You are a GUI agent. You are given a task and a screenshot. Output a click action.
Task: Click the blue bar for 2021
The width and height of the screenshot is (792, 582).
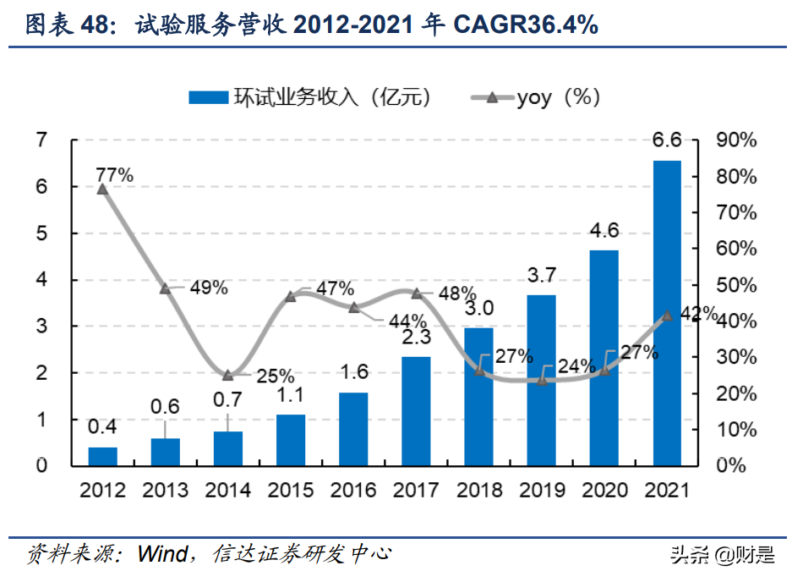[x=667, y=313]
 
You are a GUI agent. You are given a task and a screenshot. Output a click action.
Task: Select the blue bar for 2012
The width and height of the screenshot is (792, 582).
[x=103, y=456]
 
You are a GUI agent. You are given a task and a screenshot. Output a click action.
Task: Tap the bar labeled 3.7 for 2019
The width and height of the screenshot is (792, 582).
[x=542, y=380]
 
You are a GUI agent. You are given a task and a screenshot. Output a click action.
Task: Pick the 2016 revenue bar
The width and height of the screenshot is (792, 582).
[x=354, y=429]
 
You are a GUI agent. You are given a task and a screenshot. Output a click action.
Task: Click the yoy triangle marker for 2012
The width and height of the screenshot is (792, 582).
[x=103, y=189]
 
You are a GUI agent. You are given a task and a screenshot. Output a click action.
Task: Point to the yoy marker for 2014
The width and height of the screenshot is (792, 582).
[x=228, y=376]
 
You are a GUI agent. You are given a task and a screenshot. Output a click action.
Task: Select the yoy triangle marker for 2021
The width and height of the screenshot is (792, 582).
[x=667, y=316]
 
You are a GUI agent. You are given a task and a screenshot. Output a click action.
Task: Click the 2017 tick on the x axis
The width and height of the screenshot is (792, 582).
[x=416, y=490]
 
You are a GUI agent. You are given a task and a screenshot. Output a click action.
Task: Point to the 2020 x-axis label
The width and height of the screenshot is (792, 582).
[x=604, y=490]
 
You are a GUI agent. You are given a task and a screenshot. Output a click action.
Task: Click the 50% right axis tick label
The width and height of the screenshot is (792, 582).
[x=735, y=285]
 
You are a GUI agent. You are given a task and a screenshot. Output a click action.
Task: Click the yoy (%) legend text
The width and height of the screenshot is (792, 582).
[x=558, y=97]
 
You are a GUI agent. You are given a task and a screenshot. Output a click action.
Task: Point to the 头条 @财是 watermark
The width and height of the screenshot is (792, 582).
[x=722, y=555]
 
